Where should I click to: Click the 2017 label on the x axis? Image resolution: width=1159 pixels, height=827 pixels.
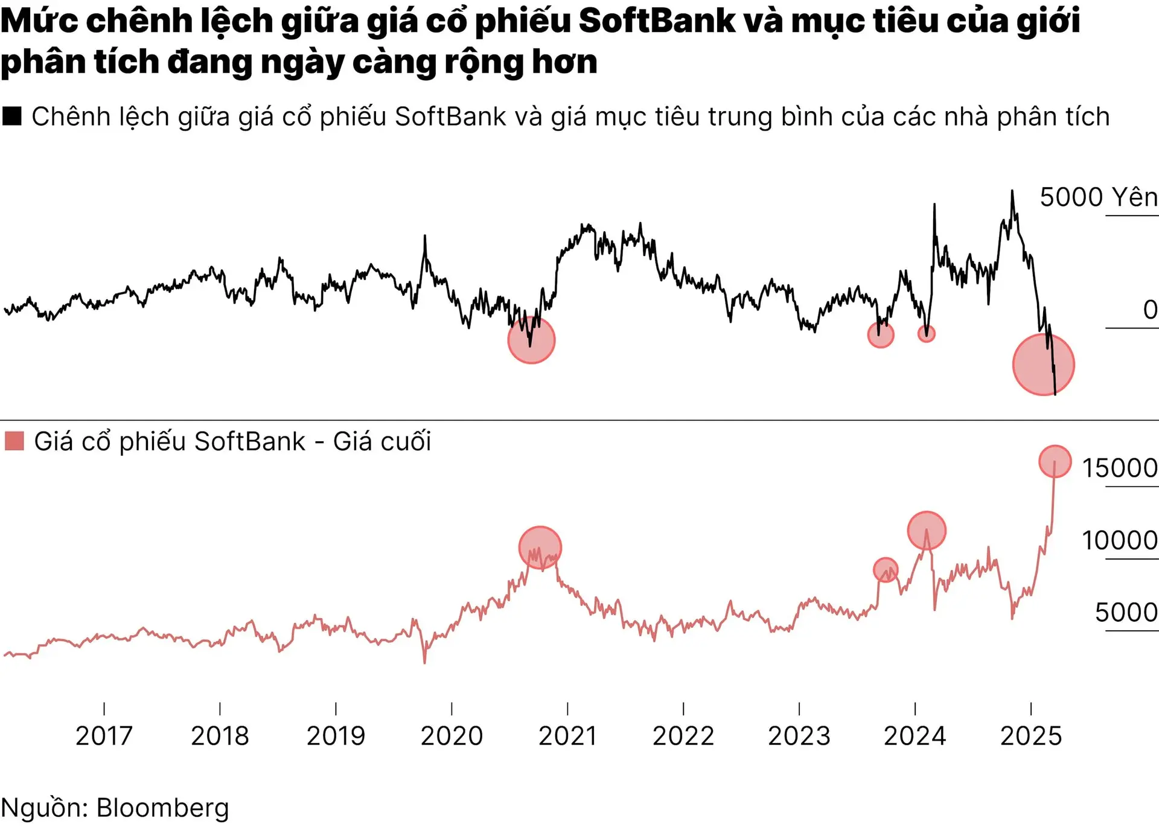tap(104, 736)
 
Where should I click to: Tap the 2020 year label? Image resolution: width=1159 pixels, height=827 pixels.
tap(452, 736)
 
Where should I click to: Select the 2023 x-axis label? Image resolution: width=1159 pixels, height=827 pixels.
tap(799, 736)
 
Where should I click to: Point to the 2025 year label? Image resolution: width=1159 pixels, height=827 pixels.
tap(1031, 736)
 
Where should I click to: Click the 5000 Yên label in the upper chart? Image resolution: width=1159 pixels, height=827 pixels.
tap(1098, 197)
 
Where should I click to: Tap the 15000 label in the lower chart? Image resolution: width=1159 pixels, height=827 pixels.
tap(1119, 468)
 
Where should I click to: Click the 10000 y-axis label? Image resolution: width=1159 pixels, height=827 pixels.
tap(1119, 540)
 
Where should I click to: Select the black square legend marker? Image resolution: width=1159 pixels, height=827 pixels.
tap(12, 116)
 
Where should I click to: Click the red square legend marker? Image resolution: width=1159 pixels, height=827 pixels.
tap(14, 441)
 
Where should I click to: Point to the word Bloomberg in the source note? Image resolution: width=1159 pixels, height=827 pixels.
tap(163, 808)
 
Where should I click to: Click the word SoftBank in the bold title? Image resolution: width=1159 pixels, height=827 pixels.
tap(657, 21)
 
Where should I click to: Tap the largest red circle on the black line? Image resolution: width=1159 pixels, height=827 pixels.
tap(1043, 365)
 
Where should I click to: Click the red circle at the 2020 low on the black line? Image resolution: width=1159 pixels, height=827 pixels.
tap(531, 340)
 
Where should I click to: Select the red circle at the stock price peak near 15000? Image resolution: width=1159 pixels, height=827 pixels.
tap(1055, 461)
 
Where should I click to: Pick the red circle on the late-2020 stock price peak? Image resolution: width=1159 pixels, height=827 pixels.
tap(540, 548)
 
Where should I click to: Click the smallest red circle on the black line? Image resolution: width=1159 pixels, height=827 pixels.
tap(926, 333)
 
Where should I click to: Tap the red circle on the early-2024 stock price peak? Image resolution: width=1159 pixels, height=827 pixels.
tap(927, 531)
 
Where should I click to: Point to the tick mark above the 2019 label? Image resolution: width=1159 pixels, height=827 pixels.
tap(336, 709)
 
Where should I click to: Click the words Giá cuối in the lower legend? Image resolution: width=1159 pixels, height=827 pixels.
tap(382, 442)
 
